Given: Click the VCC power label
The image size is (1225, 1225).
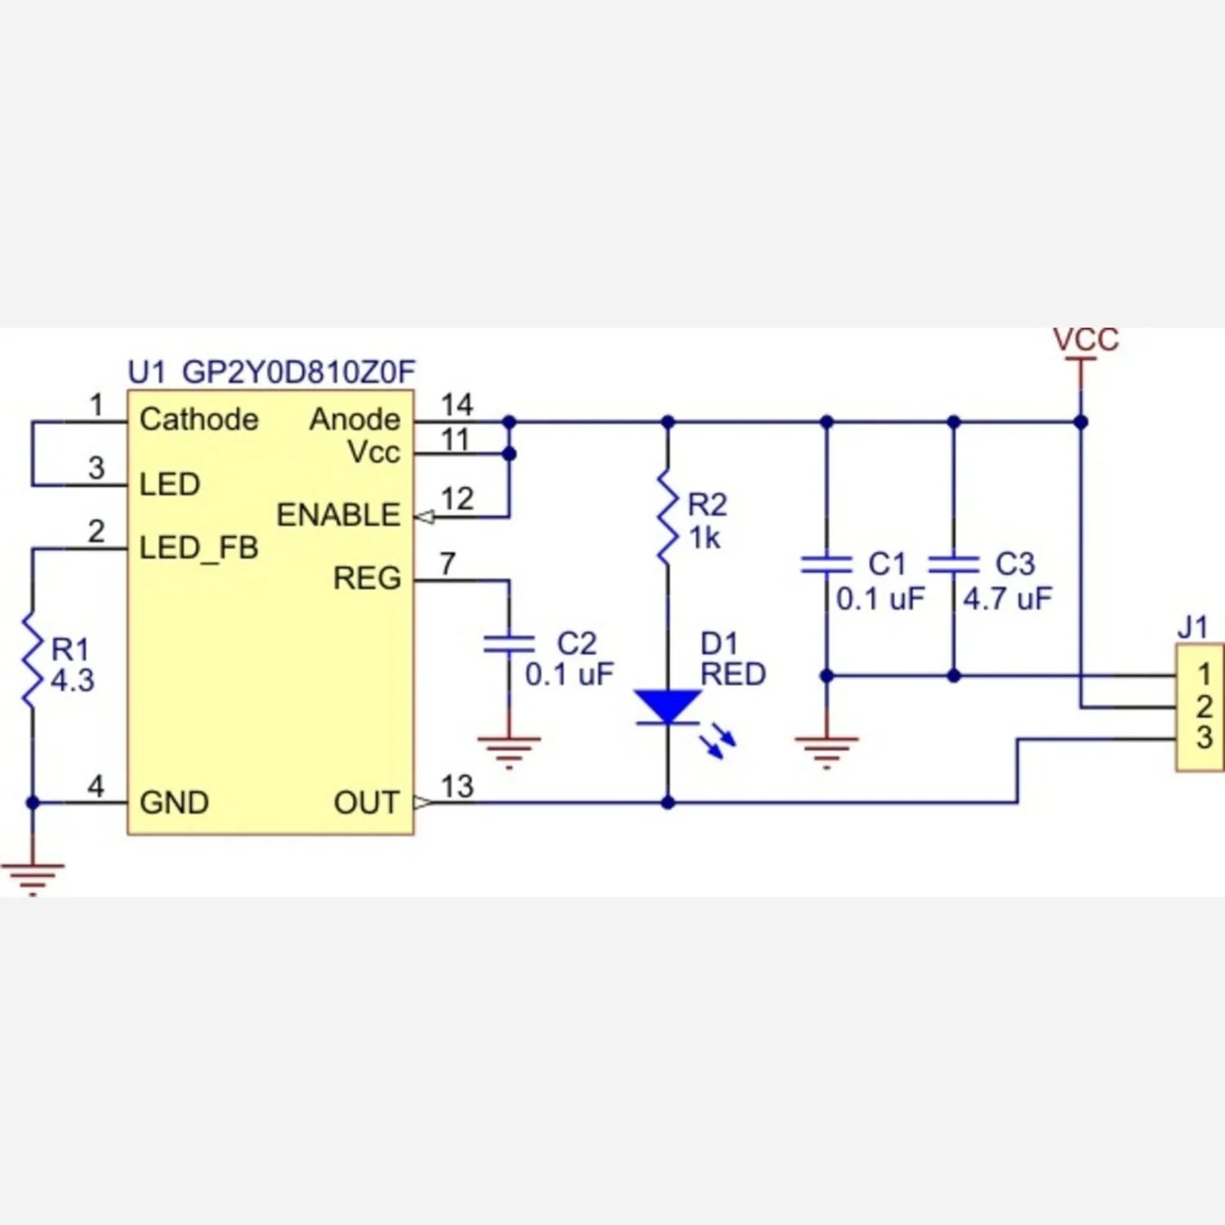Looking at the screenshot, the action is coord(1085,340).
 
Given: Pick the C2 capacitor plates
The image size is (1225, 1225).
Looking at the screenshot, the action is coord(509,644).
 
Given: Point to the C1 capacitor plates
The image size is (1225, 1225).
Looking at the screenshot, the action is coord(826,564).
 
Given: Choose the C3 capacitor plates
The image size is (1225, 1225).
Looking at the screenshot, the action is coord(954,564).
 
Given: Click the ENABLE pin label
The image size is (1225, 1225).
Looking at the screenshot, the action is coord(338,515).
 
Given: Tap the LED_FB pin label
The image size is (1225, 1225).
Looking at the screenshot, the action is coord(198,548).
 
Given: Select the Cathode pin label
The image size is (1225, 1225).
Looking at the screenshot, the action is coord(198,420).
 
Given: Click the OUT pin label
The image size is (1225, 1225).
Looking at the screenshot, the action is coord(367,803).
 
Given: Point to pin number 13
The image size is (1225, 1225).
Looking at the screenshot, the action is coord(457,786).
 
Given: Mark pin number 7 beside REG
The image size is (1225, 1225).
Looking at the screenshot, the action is coord(448,563).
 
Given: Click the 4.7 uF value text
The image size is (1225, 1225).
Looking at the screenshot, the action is coord(1008,599).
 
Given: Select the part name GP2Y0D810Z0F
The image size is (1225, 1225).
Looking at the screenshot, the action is coord(299,372).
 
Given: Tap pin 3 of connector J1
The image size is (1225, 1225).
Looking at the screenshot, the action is coord(1204,737).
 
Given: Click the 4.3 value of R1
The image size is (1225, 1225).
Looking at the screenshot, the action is coord(73,680).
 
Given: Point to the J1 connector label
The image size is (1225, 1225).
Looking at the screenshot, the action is coord(1192,627).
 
